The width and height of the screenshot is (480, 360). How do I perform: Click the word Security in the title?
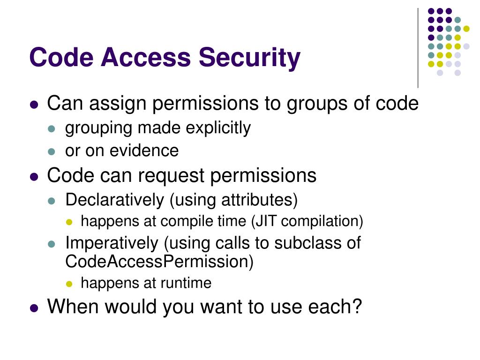click(249, 58)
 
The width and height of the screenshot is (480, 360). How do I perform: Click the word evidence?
click(144, 151)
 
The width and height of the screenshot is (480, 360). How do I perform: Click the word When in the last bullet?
click(73, 307)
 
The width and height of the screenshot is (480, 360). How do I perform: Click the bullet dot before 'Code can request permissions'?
click(34, 177)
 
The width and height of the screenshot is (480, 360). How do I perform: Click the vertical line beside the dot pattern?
click(418, 47)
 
